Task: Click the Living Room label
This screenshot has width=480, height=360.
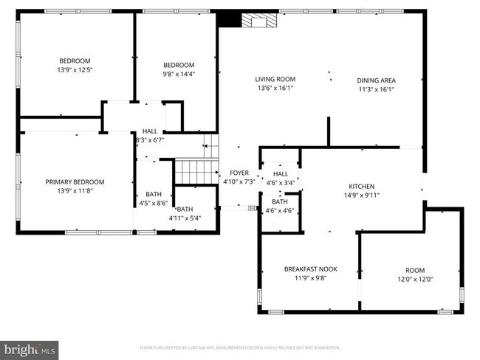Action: point(275,79)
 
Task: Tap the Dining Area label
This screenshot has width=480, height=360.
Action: point(376,80)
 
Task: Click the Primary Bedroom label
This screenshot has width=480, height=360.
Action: point(75,181)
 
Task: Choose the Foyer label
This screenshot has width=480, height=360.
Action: point(239,172)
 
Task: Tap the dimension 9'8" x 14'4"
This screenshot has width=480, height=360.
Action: point(179,74)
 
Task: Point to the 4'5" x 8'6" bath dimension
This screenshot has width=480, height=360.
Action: point(154,203)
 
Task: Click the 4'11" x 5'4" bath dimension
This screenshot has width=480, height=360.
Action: point(185,218)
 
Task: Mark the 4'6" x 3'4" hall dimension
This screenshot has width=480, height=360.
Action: point(280,183)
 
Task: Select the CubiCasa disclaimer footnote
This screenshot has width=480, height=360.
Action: point(239,347)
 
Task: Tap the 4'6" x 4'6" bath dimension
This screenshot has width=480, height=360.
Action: point(280,210)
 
